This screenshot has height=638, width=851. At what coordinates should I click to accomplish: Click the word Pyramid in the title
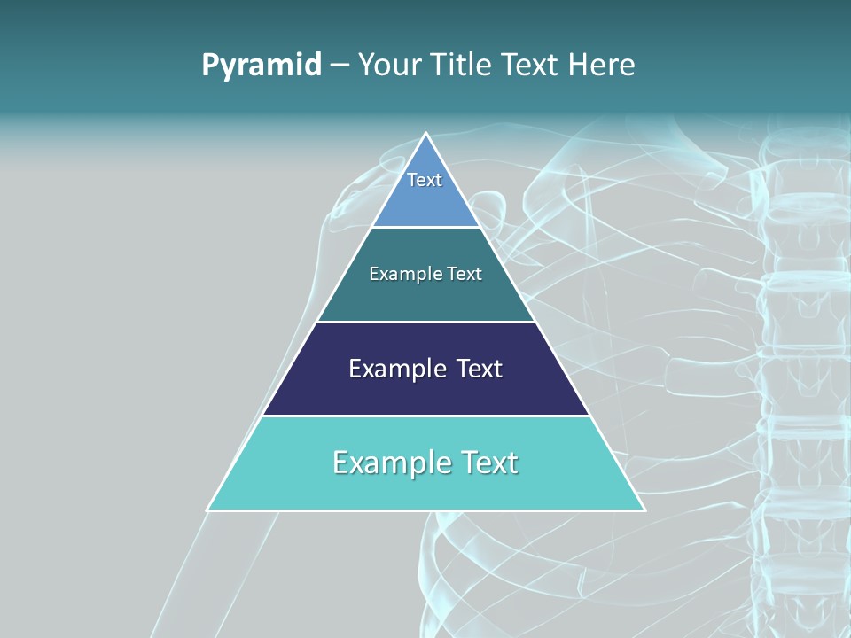coord(261,66)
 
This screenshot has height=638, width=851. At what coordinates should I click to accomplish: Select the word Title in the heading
coord(463,66)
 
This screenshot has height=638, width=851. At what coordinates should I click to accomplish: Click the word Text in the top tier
coord(425,180)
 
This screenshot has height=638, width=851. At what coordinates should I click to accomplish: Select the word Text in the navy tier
coord(479,369)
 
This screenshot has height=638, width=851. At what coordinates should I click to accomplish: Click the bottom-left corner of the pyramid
coord(208,510)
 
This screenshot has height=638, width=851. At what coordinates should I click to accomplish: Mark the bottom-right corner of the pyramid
coord(644,510)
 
